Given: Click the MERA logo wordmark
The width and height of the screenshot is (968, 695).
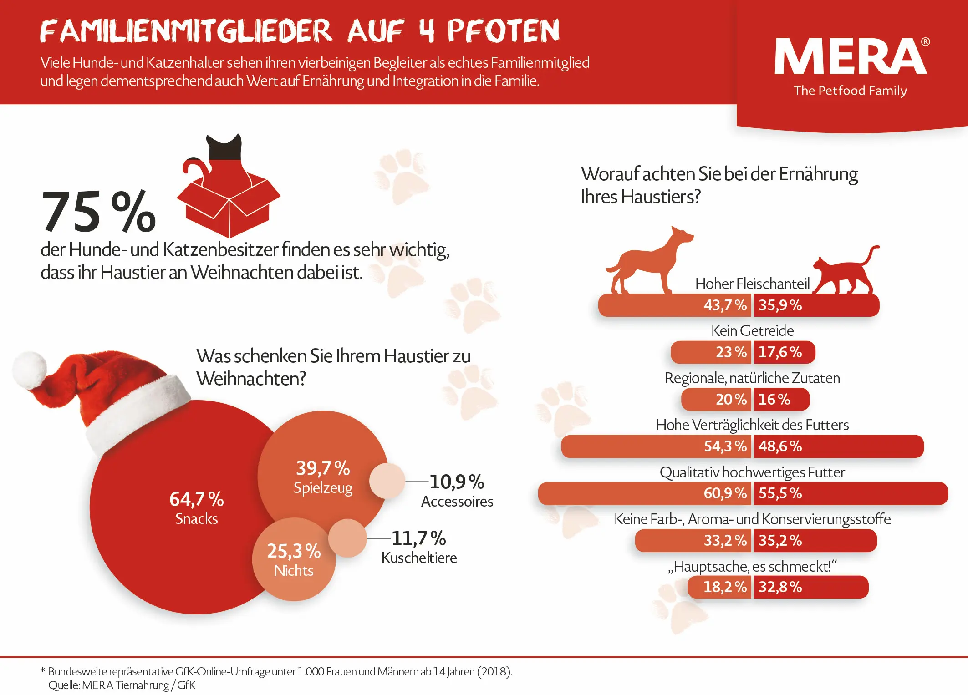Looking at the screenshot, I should pos(850,56).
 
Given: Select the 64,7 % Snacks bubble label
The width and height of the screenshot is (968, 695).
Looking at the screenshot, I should pos(196,508).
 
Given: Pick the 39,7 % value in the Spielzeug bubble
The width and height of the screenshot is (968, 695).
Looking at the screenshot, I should pos(323,468).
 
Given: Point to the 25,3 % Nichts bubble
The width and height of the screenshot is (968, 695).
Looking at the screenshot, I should pos(294,559).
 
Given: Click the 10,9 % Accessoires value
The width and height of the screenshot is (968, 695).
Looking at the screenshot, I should pos(457,482).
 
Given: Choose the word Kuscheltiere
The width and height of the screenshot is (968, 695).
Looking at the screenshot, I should pos(419,558).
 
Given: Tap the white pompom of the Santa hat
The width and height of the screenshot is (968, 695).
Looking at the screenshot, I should pos(30,370).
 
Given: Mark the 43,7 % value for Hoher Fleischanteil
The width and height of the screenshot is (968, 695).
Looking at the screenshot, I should pos(725,305).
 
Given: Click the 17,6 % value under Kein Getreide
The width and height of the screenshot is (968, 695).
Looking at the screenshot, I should pos(780,352).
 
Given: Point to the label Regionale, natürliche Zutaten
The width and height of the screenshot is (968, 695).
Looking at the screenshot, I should pos(752,378).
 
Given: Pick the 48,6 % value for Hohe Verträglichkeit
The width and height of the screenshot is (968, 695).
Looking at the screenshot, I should pos(780,446).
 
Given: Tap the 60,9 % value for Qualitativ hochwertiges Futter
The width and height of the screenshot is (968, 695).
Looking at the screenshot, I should pos(725,493).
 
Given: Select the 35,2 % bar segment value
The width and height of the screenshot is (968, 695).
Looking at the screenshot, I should pos(780,541).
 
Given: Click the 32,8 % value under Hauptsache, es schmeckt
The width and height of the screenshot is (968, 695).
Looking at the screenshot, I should pos(780,587).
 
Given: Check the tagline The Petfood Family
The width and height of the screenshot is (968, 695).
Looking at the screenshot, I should pos(850,91).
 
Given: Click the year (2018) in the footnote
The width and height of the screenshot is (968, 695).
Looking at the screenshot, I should pos(494,672).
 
